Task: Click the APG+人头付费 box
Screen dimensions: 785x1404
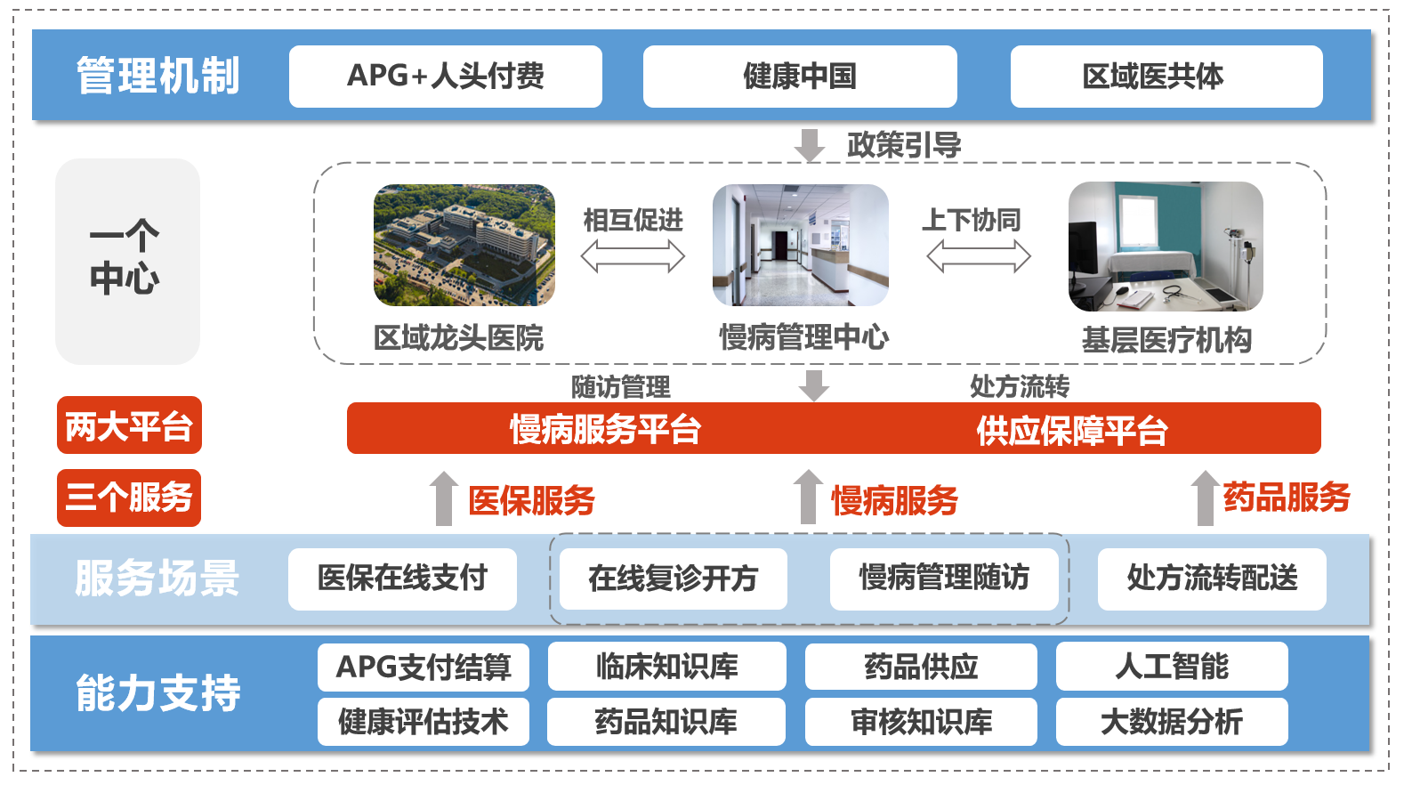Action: (445, 77)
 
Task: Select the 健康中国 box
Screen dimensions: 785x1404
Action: (799, 77)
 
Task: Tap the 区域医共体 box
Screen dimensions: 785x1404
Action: (1166, 77)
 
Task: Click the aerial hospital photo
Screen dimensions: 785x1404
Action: (464, 245)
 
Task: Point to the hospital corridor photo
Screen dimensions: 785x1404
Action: (800, 245)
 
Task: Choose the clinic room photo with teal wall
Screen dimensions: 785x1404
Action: (1166, 247)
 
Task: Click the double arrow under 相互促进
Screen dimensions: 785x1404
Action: (633, 257)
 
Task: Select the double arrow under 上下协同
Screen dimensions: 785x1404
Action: (978, 257)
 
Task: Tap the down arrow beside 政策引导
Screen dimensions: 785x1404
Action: (809, 145)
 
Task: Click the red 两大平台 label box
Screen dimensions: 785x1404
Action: (129, 425)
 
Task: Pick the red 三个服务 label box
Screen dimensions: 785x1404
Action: (129, 498)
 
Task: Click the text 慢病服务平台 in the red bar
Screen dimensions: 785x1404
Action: (605, 429)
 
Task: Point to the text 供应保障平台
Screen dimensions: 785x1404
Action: (1071, 430)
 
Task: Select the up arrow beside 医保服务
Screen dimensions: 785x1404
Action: (443, 498)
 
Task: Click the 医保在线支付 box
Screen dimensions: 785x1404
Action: (402, 579)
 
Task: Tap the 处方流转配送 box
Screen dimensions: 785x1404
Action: (1211, 579)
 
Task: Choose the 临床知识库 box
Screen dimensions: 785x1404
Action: (666, 667)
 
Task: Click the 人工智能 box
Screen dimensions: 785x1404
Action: (1171, 667)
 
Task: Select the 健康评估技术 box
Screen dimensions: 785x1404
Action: (423, 721)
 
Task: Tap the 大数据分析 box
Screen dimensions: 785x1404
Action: (1171, 721)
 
